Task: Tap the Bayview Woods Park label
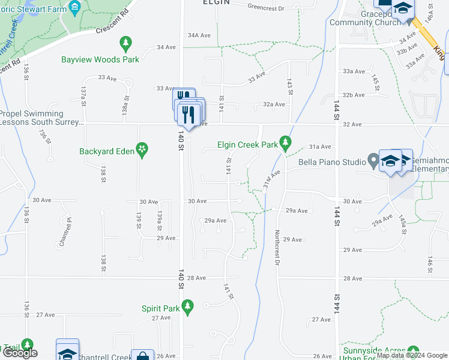(100, 59)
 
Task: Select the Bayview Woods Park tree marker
(125, 43)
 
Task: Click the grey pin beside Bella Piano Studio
(373, 161)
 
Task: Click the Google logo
(19, 353)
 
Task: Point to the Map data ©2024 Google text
(411, 356)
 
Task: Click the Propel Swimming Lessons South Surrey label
(41, 118)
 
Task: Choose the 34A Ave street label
(199, 35)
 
